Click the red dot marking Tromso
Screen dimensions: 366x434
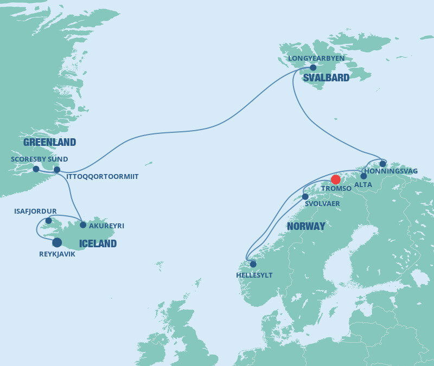pos(336,179)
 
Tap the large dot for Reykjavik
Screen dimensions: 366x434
pos(57,242)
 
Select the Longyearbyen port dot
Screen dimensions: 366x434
pos(313,68)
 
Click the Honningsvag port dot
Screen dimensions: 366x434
pos(382,164)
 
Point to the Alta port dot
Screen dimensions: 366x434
pos(363,176)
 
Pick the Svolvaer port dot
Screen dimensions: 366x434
pos(305,197)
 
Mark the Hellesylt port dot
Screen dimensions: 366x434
pos(253,264)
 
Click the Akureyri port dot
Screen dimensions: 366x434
pos(83,224)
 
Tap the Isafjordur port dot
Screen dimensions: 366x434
pos(48,221)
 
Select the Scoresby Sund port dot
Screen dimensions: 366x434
pos(36,169)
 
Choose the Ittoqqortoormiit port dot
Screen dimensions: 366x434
pos(57,170)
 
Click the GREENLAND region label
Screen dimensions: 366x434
pos(49,143)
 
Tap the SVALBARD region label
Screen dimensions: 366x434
pos(326,78)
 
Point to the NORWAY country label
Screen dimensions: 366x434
pos(306,226)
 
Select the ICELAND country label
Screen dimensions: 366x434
pos(98,243)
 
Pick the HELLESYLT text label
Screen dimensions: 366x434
pos(254,275)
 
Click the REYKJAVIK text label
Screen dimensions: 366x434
pos(58,254)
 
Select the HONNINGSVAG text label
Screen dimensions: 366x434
pos(391,171)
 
